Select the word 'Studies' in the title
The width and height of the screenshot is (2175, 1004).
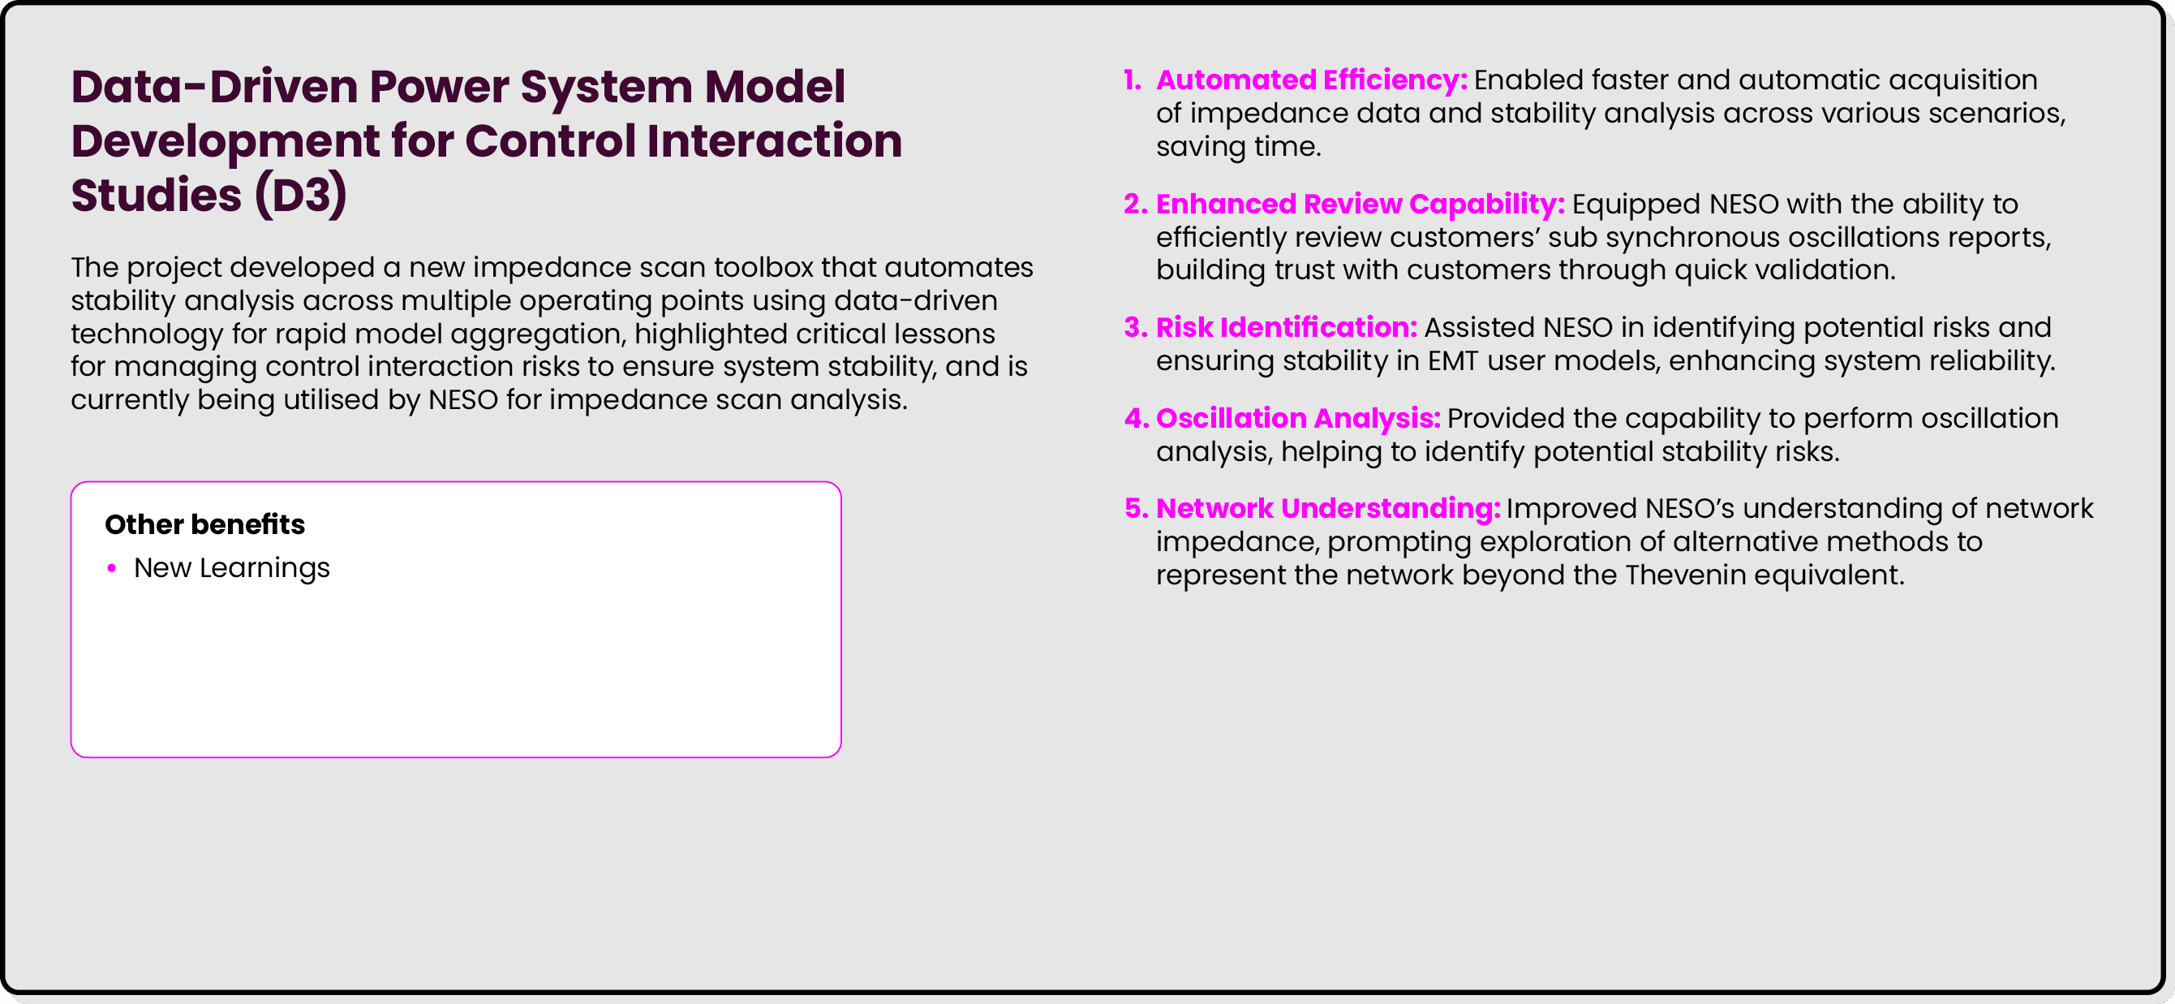pos(157,195)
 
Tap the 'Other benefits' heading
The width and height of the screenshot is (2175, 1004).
pos(204,524)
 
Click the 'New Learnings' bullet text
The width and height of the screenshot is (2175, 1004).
pos(231,568)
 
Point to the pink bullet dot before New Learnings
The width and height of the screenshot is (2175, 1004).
pos(111,568)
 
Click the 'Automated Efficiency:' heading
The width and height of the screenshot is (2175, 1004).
pos(1311,80)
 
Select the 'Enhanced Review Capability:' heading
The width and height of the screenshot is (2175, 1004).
pos(1360,204)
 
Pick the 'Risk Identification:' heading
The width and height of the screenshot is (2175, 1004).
pos(1286,328)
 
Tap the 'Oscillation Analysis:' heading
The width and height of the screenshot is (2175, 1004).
pos(1298,418)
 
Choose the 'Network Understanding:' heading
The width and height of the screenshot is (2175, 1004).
pos(1327,508)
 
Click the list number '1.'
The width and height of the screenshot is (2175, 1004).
pos(1133,80)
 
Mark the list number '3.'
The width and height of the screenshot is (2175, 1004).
pos(1135,328)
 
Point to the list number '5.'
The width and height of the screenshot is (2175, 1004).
pos(1136,508)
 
